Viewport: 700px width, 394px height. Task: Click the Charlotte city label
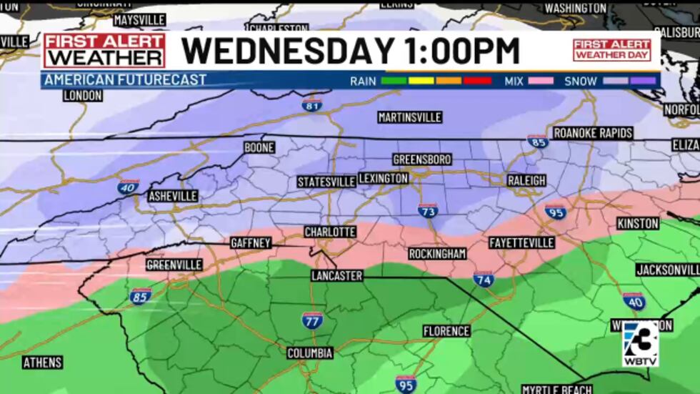pyautogui.click(x=330, y=232)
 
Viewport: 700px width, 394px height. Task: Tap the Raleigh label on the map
pyautogui.click(x=526, y=180)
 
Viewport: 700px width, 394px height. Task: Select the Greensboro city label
pyautogui.click(x=422, y=159)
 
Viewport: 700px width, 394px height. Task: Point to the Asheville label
pyautogui.click(x=173, y=196)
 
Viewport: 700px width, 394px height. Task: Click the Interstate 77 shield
pyautogui.click(x=312, y=320)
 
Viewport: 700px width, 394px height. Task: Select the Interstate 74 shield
pyautogui.click(x=484, y=279)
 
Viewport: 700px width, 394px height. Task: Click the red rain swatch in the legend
pyautogui.click(x=477, y=81)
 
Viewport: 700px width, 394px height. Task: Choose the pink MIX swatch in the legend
pyautogui.click(x=540, y=81)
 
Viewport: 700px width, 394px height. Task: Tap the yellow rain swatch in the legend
pyautogui.click(x=421, y=81)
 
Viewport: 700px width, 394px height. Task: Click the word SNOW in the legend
pyautogui.click(x=580, y=81)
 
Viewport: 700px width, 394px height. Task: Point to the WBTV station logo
pyautogui.click(x=639, y=343)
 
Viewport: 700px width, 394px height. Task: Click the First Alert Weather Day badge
pyautogui.click(x=611, y=49)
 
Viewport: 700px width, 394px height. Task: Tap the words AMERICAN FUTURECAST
pyautogui.click(x=125, y=80)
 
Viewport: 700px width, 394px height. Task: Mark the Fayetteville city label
pyautogui.click(x=521, y=243)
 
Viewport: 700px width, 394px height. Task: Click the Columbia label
pyautogui.click(x=310, y=353)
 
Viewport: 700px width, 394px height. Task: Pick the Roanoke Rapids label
pyautogui.click(x=593, y=133)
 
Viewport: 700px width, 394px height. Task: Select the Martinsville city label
pyautogui.click(x=410, y=117)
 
